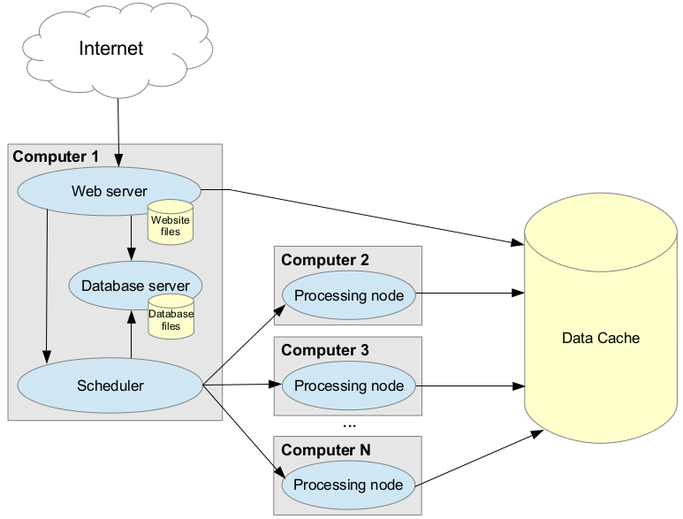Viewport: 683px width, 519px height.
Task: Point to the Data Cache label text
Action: click(600, 338)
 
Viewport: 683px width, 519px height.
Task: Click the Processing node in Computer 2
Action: click(348, 295)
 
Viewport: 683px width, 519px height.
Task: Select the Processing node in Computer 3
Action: click(348, 385)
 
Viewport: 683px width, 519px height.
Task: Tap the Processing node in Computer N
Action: click(348, 485)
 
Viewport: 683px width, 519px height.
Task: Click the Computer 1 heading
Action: click(56, 157)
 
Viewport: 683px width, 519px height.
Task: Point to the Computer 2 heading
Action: click(324, 260)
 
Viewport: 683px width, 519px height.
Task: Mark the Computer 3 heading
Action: click(324, 350)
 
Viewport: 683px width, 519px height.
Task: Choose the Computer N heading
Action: click(325, 450)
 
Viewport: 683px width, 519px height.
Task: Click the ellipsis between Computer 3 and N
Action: click(348, 425)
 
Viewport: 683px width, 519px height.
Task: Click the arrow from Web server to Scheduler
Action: click(46, 283)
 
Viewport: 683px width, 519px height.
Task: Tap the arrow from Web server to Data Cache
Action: click(371, 215)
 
